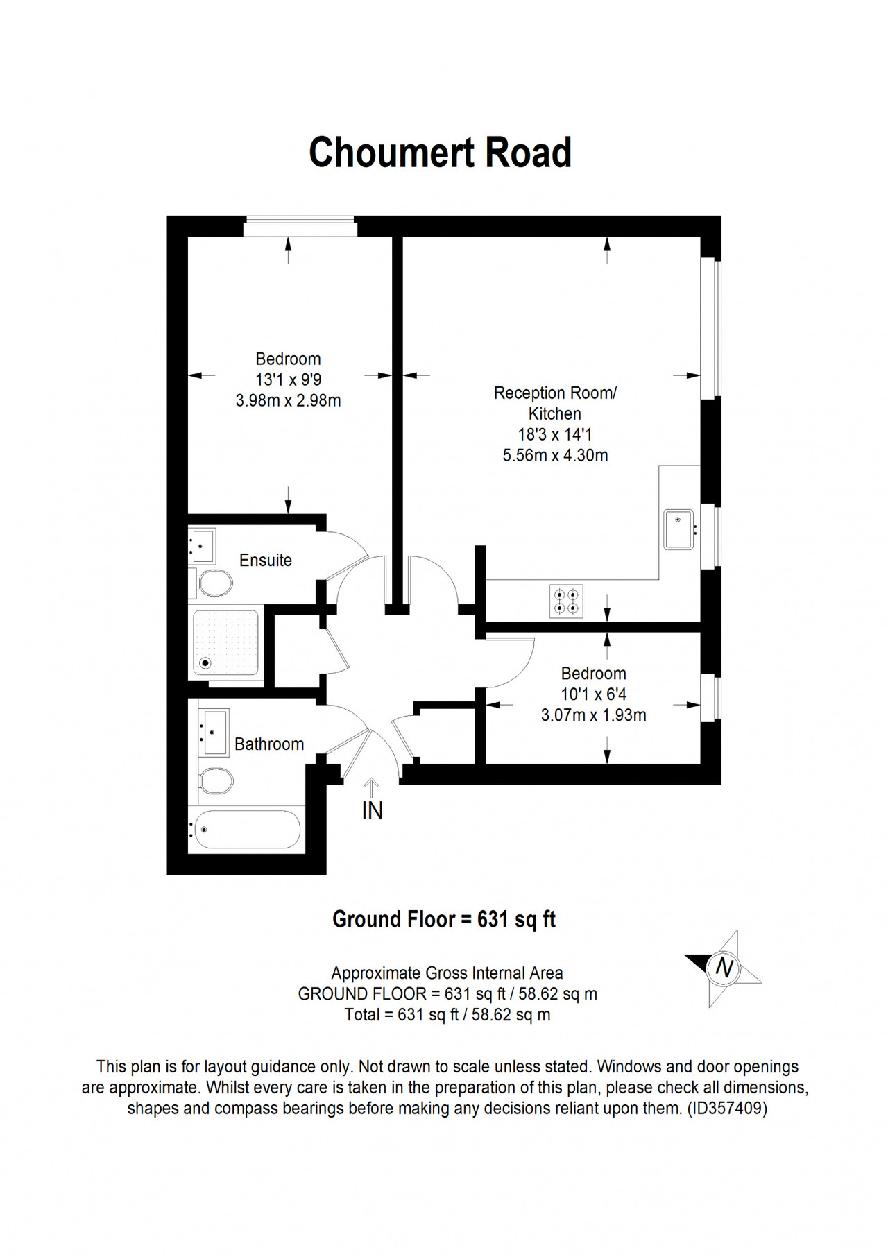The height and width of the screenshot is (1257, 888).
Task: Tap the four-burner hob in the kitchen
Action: [x=566, y=601]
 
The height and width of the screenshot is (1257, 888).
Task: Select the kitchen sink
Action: [x=679, y=529]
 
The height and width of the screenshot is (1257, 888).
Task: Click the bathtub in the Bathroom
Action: [x=247, y=829]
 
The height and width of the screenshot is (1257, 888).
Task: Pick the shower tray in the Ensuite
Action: [x=225, y=642]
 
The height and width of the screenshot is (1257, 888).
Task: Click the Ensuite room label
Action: [x=266, y=561]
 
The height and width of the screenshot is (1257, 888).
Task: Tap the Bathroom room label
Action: [x=269, y=744]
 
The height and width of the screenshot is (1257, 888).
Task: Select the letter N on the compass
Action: [x=724, y=967]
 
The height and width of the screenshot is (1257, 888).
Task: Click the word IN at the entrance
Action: [x=373, y=810]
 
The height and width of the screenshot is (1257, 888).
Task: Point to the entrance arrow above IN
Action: [x=372, y=787]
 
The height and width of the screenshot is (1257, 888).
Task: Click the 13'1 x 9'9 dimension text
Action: [x=288, y=379]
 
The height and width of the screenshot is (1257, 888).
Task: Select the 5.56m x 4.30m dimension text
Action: [x=555, y=456]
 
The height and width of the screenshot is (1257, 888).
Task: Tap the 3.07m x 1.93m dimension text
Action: [x=594, y=715]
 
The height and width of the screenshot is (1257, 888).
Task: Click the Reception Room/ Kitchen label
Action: [x=555, y=403]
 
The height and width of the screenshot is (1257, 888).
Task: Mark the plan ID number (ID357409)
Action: [x=727, y=1109]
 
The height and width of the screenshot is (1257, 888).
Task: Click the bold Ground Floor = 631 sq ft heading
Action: [x=444, y=919]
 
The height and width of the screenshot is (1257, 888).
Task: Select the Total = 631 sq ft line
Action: [x=447, y=1015]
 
